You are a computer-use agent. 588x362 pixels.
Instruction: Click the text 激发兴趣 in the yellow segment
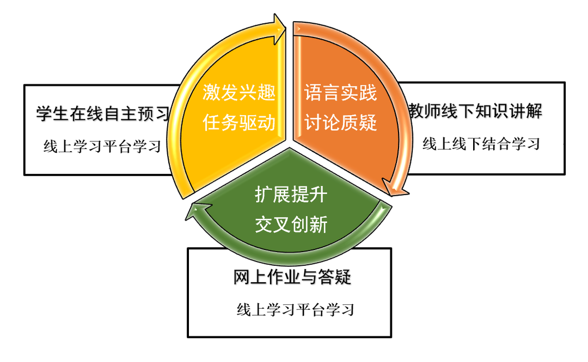(x=240, y=92)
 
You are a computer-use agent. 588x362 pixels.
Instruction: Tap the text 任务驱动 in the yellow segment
(x=240, y=123)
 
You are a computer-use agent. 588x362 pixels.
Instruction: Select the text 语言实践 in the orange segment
(x=340, y=92)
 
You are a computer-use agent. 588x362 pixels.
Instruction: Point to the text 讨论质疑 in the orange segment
(x=340, y=123)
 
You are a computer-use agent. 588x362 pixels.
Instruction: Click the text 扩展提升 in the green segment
(x=291, y=194)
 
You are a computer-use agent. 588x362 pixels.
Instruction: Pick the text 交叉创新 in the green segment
(x=291, y=224)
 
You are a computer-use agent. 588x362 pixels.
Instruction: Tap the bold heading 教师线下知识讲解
(x=475, y=112)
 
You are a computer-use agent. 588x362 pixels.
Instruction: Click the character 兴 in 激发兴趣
(x=249, y=92)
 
